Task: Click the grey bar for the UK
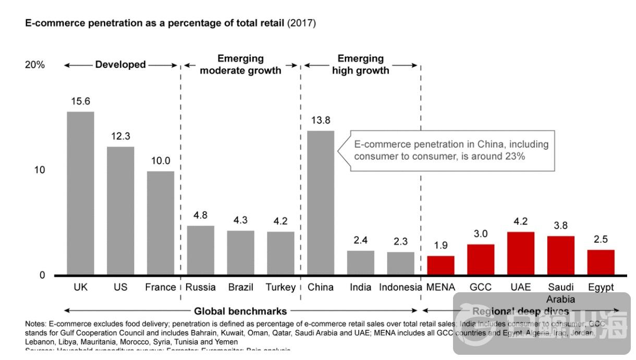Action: [x=80, y=193]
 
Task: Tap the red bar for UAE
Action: [x=521, y=253]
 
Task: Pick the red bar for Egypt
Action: [x=601, y=262]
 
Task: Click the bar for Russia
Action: [x=201, y=250]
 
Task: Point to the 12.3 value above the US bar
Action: [x=120, y=136]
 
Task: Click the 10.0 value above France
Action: [x=160, y=160]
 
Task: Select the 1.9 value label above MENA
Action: [x=441, y=245]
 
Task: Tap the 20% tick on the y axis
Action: [x=35, y=65]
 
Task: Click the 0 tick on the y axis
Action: [x=42, y=275]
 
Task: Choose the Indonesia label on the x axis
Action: [x=400, y=287]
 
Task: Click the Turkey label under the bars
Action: [x=280, y=287]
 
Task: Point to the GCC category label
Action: [x=481, y=287]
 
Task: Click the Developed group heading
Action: [x=120, y=65]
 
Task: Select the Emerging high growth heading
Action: [x=361, y=65]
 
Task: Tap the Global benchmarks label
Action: [x=240, y=312]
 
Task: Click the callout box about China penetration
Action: [x=451, y=150]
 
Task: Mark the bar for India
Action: [x=361, y=263]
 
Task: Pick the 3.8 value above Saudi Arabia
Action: [x=561, y=226]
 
